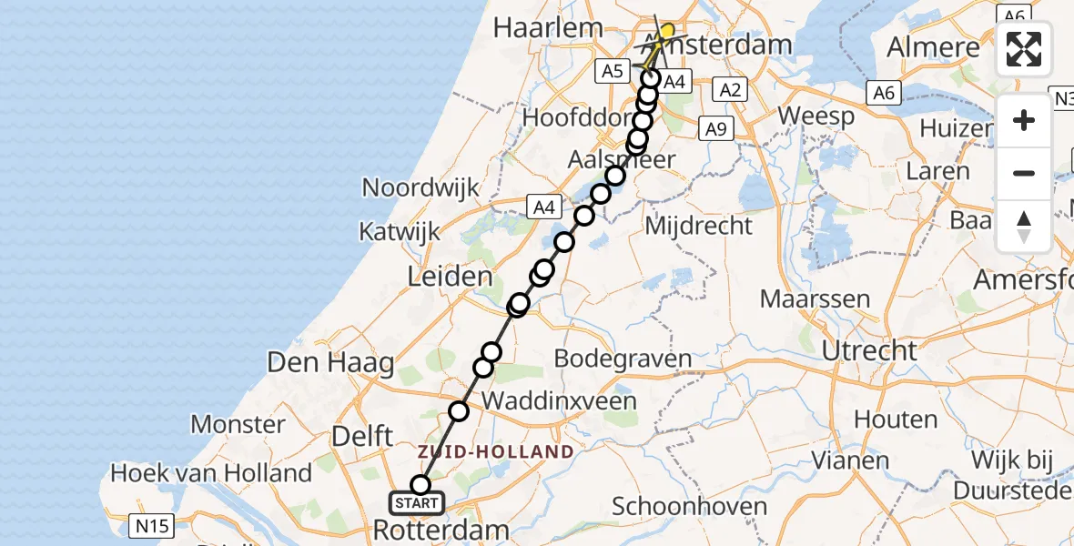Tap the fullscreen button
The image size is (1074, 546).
[1024, 49]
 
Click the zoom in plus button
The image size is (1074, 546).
[1024, 120]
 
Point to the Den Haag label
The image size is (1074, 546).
[330, 363]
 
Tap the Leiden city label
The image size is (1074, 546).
[451, 277]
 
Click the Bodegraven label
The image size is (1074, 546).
[623, 359]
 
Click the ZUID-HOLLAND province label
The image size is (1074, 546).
[496, 451]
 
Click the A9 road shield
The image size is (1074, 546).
[716, 130]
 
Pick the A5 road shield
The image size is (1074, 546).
[612, 70]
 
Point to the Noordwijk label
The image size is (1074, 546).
[420, 187]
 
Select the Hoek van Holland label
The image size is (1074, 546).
[211, 473]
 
